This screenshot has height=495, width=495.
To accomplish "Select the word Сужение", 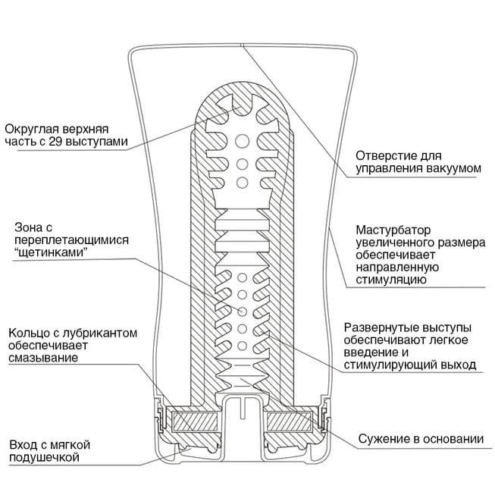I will click(384, 440).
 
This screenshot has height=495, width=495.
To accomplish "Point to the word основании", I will click(453, 440).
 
